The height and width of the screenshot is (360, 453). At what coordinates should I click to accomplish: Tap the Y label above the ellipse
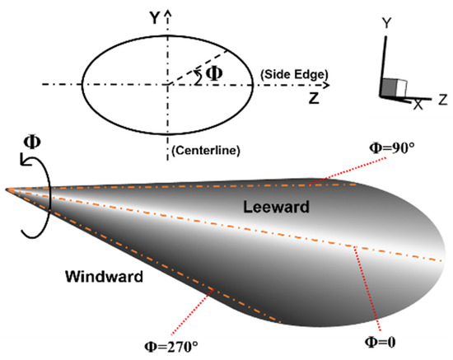pos(154,14)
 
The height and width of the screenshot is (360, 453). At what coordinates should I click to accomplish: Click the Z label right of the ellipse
pos(315,98)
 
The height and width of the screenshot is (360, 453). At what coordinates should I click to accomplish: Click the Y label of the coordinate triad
pos(384,26)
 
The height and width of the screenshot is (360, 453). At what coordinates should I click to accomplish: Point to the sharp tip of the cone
pos(7,189)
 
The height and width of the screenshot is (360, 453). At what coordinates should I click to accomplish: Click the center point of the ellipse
pos(168,84)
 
